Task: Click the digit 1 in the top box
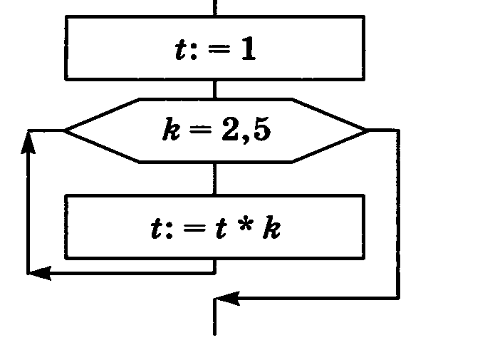pos(247,50)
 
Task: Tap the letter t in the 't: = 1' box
pos(181,50)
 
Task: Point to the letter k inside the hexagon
pos(170,131)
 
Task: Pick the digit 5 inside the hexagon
pos(261,130)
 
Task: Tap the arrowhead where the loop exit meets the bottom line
pos(226,299)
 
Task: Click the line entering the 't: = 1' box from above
pos(214,7)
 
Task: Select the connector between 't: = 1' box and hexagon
pos(214,88)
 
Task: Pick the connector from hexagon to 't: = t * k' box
pos(214,178)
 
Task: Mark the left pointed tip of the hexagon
pos(66,130)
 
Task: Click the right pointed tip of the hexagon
pos(366,130)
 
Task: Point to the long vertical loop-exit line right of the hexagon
pos(398,214)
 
